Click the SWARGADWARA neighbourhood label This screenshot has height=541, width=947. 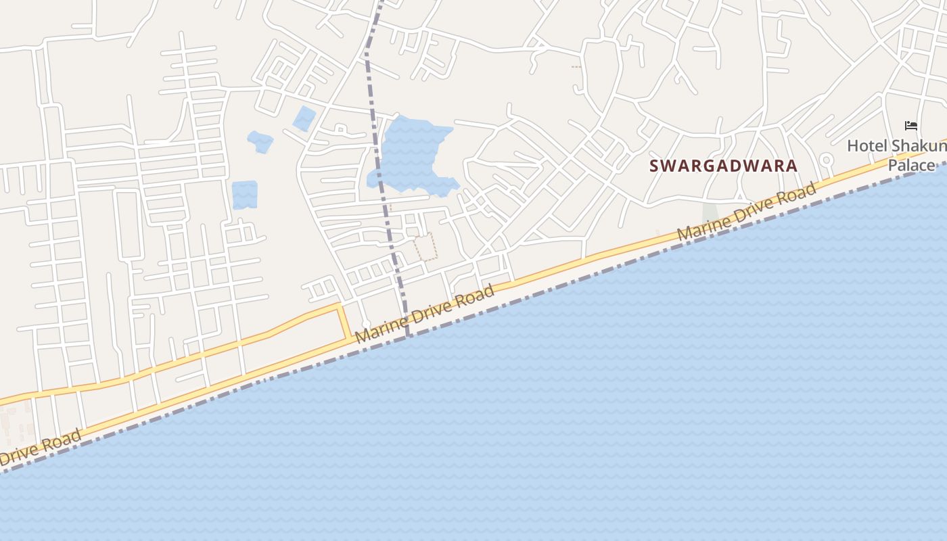coord(723,166)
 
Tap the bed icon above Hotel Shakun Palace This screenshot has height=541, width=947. coord(911,126)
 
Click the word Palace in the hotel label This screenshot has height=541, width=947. coord(910,165)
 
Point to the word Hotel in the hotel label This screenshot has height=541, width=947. coord(867,145)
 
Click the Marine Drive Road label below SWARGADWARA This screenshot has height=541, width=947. coord(747,214)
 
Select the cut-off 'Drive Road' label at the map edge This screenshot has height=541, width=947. coord(41,449)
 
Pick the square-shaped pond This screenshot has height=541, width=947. coord(244,195)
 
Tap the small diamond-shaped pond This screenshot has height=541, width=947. coord(304,118)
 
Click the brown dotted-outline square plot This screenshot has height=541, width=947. coord(425,247)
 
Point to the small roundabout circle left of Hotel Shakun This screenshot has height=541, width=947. coord(826,160)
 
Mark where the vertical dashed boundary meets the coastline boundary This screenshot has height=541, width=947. coord(408,335)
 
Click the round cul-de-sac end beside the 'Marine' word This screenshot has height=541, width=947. coord(366,323)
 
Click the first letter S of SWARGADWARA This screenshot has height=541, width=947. coord(654,166)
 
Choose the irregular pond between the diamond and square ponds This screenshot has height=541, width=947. coord(260,141)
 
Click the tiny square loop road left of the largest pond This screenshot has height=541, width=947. coord(340,128)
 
